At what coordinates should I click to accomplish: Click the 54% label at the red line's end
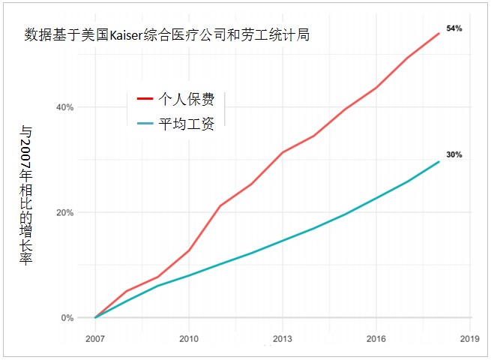coord(454,28)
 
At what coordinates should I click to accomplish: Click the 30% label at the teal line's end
coord(454,155)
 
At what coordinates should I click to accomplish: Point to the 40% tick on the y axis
coord(65,107)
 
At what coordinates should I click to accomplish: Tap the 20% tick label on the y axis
coord(65,212)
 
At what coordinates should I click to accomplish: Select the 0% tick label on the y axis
coord(67,318)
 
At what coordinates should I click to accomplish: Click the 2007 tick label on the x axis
coord(95,339)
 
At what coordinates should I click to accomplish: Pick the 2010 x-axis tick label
coord(188,339)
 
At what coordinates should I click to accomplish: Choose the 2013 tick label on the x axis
coord(282,339)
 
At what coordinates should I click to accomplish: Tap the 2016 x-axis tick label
coord(376,339)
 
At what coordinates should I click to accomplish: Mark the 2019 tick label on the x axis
coord(469,339)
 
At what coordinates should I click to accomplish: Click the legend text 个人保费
coord(187,99)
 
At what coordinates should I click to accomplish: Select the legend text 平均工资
coord(187,124)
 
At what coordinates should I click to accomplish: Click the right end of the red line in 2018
coord(439,34)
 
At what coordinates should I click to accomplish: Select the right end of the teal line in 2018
coord(439,161)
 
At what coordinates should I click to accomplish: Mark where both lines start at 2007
coord(95,317)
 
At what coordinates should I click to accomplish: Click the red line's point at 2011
coord(220,205)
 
